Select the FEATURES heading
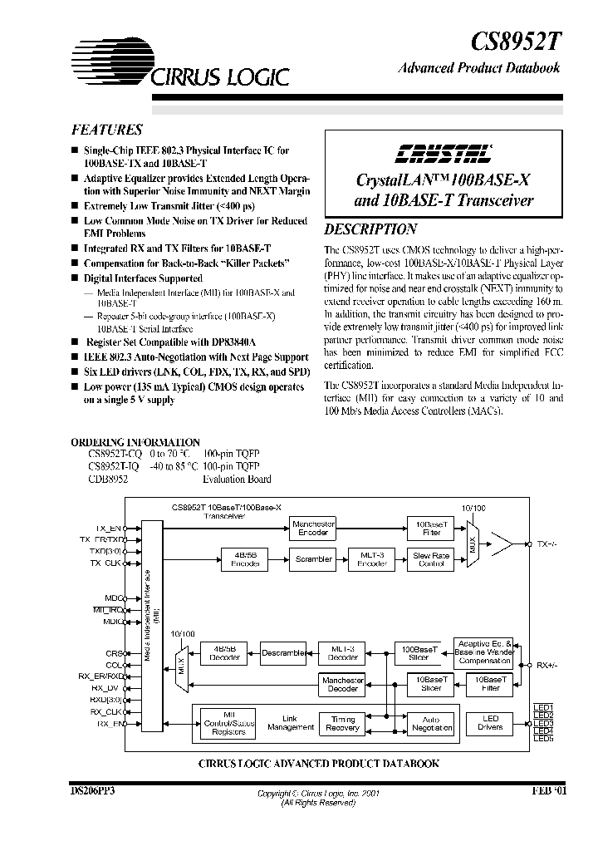[106, 130]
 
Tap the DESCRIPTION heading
[370, 229]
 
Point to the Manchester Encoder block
[312, 529]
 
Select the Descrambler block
[282, 653]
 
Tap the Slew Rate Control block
[431, 559]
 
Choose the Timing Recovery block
[342, 724]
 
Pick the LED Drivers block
[490, 723]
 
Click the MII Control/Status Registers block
[230, 724]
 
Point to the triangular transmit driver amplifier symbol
[504, 544]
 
